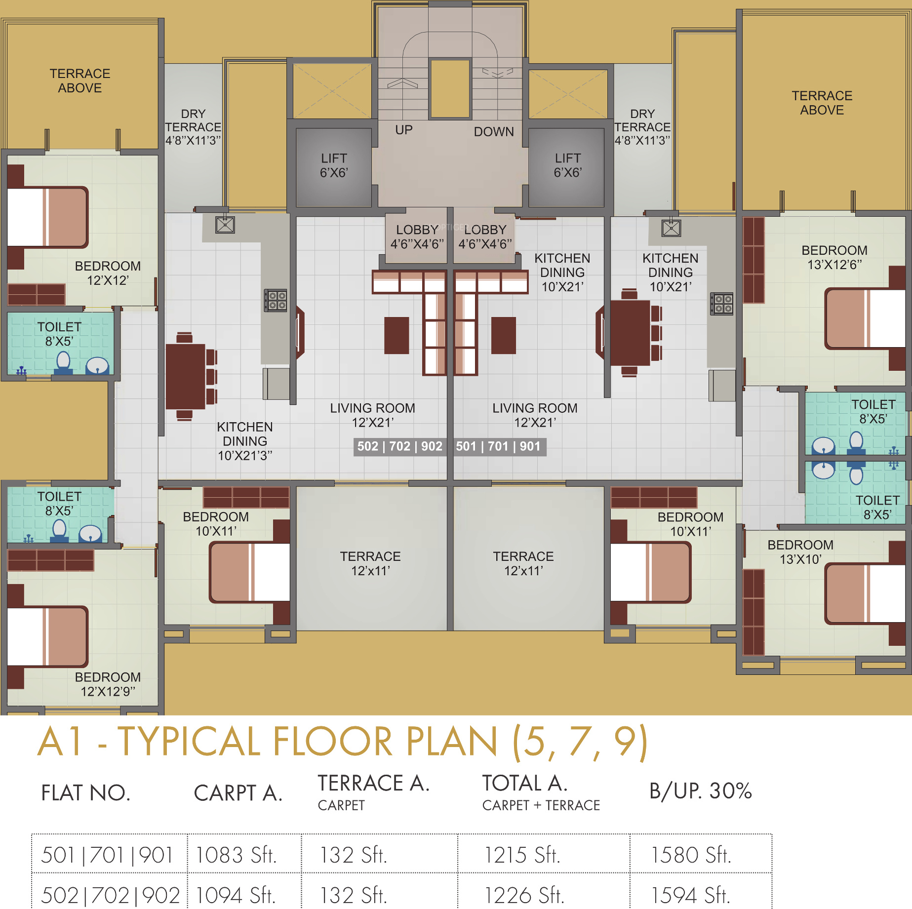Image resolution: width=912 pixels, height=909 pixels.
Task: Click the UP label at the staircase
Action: point(403,130)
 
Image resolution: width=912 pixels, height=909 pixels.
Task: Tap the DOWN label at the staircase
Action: point(494,132)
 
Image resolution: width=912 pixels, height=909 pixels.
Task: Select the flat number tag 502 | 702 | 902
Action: point(400,446)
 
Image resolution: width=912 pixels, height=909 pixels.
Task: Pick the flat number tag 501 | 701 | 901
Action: point(498,446)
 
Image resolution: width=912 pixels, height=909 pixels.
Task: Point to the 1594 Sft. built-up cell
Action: point(690,895)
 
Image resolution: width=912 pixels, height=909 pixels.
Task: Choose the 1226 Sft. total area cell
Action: point(524,895)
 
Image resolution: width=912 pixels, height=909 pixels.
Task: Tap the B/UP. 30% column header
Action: point(700,791)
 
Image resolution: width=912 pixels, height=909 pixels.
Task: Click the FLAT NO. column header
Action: point(85,793)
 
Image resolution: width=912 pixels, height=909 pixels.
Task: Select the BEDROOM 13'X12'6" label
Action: point(834,258)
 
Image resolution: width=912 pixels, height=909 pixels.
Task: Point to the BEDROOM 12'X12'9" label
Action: point(108,684)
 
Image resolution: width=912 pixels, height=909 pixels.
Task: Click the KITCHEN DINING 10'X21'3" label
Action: point(245,441)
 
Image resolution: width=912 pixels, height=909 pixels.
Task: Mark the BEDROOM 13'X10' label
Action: point(800,552)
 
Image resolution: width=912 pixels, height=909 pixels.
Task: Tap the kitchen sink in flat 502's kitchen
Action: point(225,225)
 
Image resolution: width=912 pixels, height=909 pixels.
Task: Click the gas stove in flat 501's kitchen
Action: point(721,304)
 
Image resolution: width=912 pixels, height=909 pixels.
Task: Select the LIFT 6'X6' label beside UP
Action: point(334,165)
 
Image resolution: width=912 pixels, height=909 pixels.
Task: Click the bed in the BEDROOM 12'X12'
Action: point(48,217)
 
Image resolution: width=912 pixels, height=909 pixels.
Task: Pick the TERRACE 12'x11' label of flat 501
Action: point(523,563)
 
